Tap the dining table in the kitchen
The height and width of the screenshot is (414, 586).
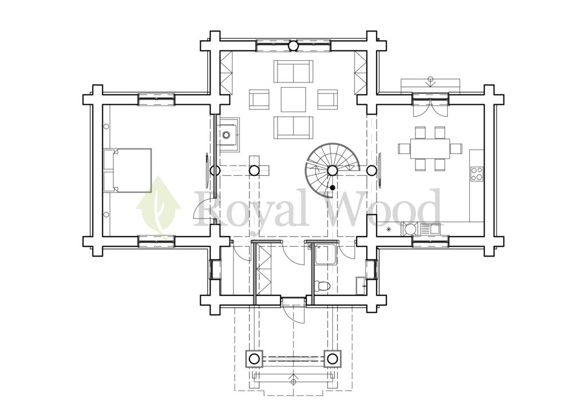[430, 148]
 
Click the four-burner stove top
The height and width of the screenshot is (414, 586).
[477, 173]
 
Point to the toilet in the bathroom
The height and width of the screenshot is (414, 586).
[322, 286]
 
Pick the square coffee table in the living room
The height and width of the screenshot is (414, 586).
[294, 99]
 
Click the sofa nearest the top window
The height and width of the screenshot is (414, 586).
[294, 72]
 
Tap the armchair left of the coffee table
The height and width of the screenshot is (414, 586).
[259, 99]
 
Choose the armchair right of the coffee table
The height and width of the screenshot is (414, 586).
[328, 99]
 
